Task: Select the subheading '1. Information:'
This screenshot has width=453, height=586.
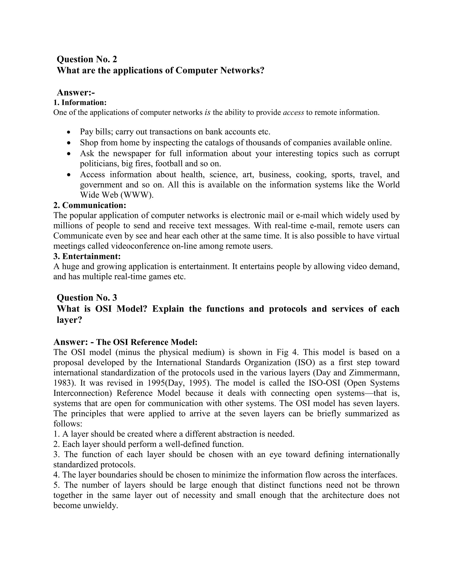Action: (x=80, y=103)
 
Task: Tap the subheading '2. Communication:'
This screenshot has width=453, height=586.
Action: (x=90, y=205)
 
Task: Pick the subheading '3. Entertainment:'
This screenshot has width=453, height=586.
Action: (x=87, y=256)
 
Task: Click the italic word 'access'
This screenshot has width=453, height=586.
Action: (x=293, y=112)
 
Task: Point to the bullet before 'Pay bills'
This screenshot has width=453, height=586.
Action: (x=69, y=132)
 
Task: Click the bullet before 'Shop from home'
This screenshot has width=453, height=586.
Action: (x=69, y=143)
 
